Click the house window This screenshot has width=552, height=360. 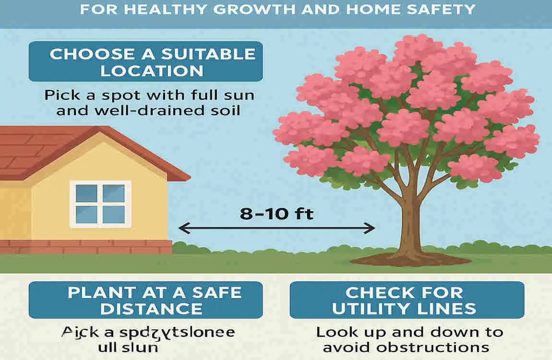pyautogui.click(x=100, y=204)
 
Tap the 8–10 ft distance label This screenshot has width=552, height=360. pyautogui.click(x=276, y=213)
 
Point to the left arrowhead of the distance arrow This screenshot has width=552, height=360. pyautogui.click(x=183, y=228)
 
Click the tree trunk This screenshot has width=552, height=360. pyautogui.click(x=407, y=226)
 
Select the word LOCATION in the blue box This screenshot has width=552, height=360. pyautogui.click(x=152, y=71)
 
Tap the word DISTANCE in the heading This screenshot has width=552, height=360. pyautogui.click(x=152, y=309)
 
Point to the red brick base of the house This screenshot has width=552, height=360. pyautogui.click(x=86, y=247)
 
